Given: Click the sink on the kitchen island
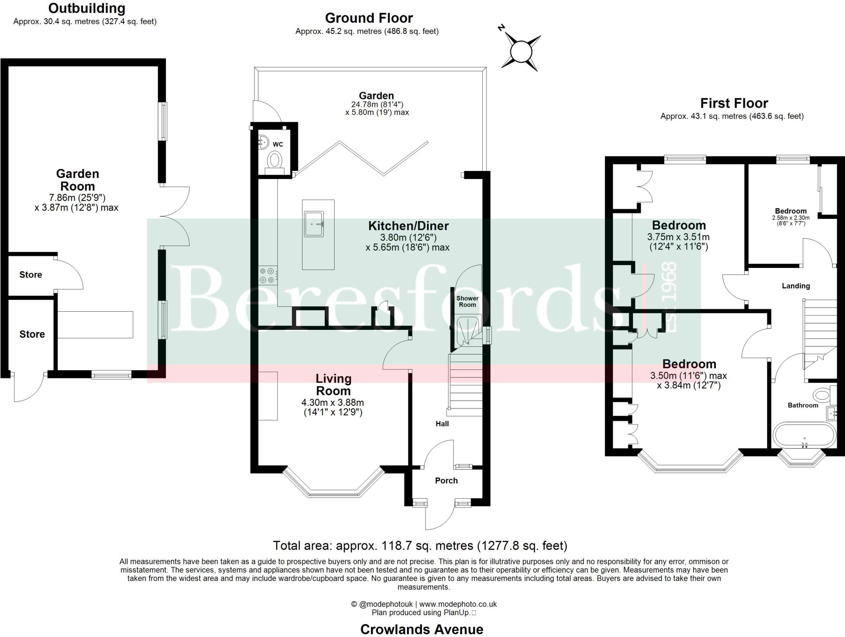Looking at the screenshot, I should click(x=314, y=224).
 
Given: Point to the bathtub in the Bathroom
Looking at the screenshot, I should click(x=804, y=435).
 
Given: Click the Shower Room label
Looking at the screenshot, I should click(x=467, y=301).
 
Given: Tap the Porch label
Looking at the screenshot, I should click(x=446, y=481).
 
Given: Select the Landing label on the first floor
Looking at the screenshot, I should click(x=795, y=286).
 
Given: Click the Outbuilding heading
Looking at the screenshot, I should click(x=87, y=8).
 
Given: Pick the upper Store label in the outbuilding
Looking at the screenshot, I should click(x=31, y=275).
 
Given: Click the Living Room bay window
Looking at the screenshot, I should click(x=333, y=491).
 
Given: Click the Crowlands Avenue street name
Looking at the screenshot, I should click(x=422, y=629).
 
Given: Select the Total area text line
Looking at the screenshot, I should click(x=420, y=546).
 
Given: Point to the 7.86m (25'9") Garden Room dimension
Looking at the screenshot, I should click(x=77, y=197).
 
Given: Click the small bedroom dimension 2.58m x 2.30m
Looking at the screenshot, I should click(x=791, y=218).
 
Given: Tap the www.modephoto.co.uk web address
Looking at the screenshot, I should click(x=458, y=604).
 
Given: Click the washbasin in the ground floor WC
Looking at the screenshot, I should click(x=263, y=142).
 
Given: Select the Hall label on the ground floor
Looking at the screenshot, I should click(x=442, y=424).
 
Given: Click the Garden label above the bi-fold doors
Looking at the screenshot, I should click(x=376, y=96).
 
